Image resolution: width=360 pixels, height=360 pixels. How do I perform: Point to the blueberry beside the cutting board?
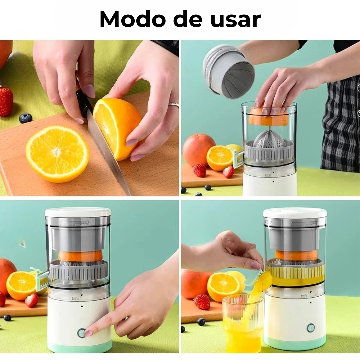pos(25,118)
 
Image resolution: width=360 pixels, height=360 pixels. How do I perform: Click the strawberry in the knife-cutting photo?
pos(6,101)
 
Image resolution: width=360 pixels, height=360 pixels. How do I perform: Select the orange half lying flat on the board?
pos(57,154)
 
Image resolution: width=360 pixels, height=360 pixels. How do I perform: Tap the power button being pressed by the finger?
pos(82,332)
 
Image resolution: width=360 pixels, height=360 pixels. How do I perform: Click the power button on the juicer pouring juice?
pos(311,328)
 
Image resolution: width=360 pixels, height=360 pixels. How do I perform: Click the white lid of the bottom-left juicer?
pos(78,213)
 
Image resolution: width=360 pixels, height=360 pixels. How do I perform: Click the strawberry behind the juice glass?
pos(202,302)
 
